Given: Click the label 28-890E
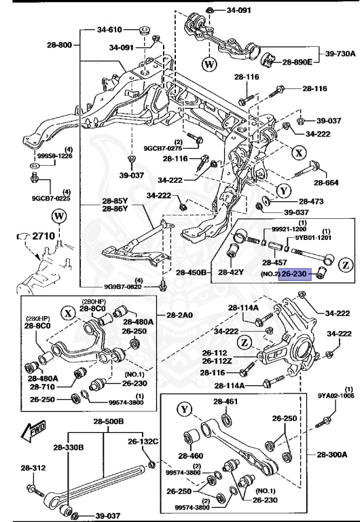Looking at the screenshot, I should click(x=298, y=62).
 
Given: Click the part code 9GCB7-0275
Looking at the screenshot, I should click(x=163, y=147).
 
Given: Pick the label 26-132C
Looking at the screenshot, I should click(x=143, y=442).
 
